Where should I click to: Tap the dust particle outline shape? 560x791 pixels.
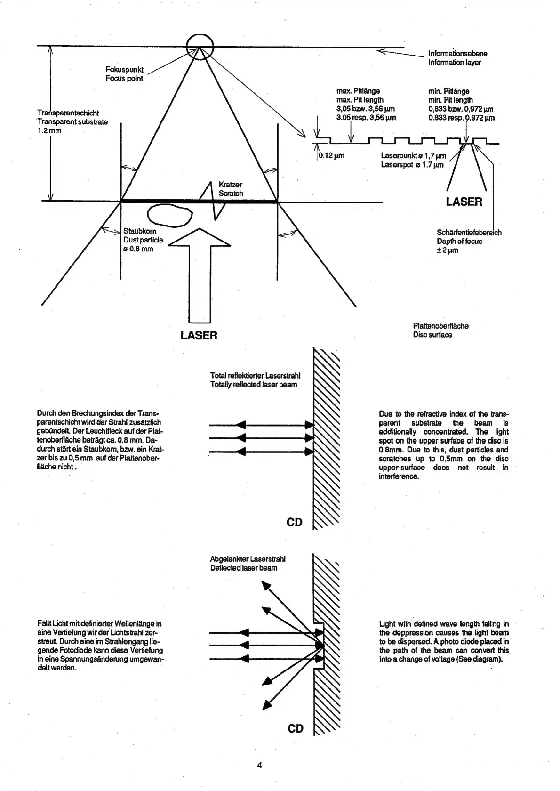170,216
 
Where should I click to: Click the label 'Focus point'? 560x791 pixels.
124,78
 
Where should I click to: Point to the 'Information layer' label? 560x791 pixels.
454,62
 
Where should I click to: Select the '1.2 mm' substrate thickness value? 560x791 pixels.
49,130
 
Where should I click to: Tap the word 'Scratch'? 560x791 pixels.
231,193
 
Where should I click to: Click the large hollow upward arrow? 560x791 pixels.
199,273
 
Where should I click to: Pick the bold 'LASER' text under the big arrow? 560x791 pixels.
199,335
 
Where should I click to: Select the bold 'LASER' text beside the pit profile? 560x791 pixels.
464,202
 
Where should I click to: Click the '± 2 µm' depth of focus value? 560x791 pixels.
447,250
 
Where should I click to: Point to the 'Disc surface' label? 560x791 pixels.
432,335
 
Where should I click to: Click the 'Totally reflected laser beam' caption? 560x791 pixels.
254,384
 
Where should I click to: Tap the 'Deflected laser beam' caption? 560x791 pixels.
244,568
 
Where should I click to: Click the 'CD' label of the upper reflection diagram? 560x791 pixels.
295,522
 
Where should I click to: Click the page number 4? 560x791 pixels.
259,765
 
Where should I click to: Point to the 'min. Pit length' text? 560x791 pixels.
450,100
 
